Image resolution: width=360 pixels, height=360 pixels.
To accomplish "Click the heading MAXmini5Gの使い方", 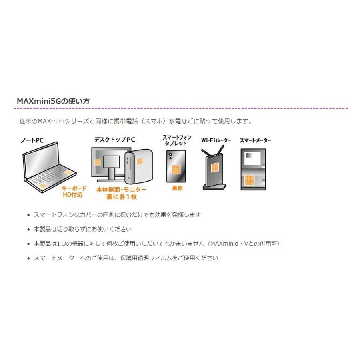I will (x=53, y=101).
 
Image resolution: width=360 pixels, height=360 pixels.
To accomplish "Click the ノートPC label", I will (x=32, y=140).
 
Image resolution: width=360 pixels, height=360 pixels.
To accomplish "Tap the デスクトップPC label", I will (x=114, y=140).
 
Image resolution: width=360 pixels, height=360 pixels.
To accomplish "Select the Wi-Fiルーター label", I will (x=216, y=140).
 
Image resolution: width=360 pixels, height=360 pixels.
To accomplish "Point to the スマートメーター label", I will (x=255, y=141).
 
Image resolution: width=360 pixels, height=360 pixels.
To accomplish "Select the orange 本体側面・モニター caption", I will (x=122, y=189).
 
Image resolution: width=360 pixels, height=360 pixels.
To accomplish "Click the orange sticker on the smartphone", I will (x=176, y=169).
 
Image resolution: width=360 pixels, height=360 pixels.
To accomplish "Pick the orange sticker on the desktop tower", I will (x=140, y=161).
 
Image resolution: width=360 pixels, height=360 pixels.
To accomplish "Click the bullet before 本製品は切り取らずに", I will (x=28, y=230).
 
